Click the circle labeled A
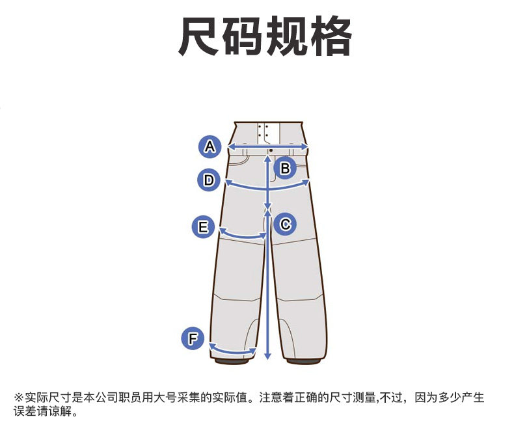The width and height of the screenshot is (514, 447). [210, 146]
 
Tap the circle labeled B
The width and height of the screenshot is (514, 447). [285, 168]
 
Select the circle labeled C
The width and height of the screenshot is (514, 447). [285, 224]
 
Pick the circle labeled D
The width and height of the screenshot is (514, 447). [209, 180]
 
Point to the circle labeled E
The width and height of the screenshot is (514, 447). [203, 227]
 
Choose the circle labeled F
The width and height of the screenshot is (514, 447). [193, 338]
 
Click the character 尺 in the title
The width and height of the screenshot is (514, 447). [198, 36]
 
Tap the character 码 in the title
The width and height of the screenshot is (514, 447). [243, 36]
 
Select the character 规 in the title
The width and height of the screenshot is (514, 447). [286, 36]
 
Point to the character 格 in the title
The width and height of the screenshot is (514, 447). [331, 36]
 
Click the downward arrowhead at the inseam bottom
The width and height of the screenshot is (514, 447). [268, 356]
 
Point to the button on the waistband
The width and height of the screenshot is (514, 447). [271, 150]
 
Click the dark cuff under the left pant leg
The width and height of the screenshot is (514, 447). [232, 361]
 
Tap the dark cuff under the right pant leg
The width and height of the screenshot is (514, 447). [304, 361]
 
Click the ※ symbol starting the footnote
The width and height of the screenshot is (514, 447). [19, 398]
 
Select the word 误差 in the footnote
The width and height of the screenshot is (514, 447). [25, 411]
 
